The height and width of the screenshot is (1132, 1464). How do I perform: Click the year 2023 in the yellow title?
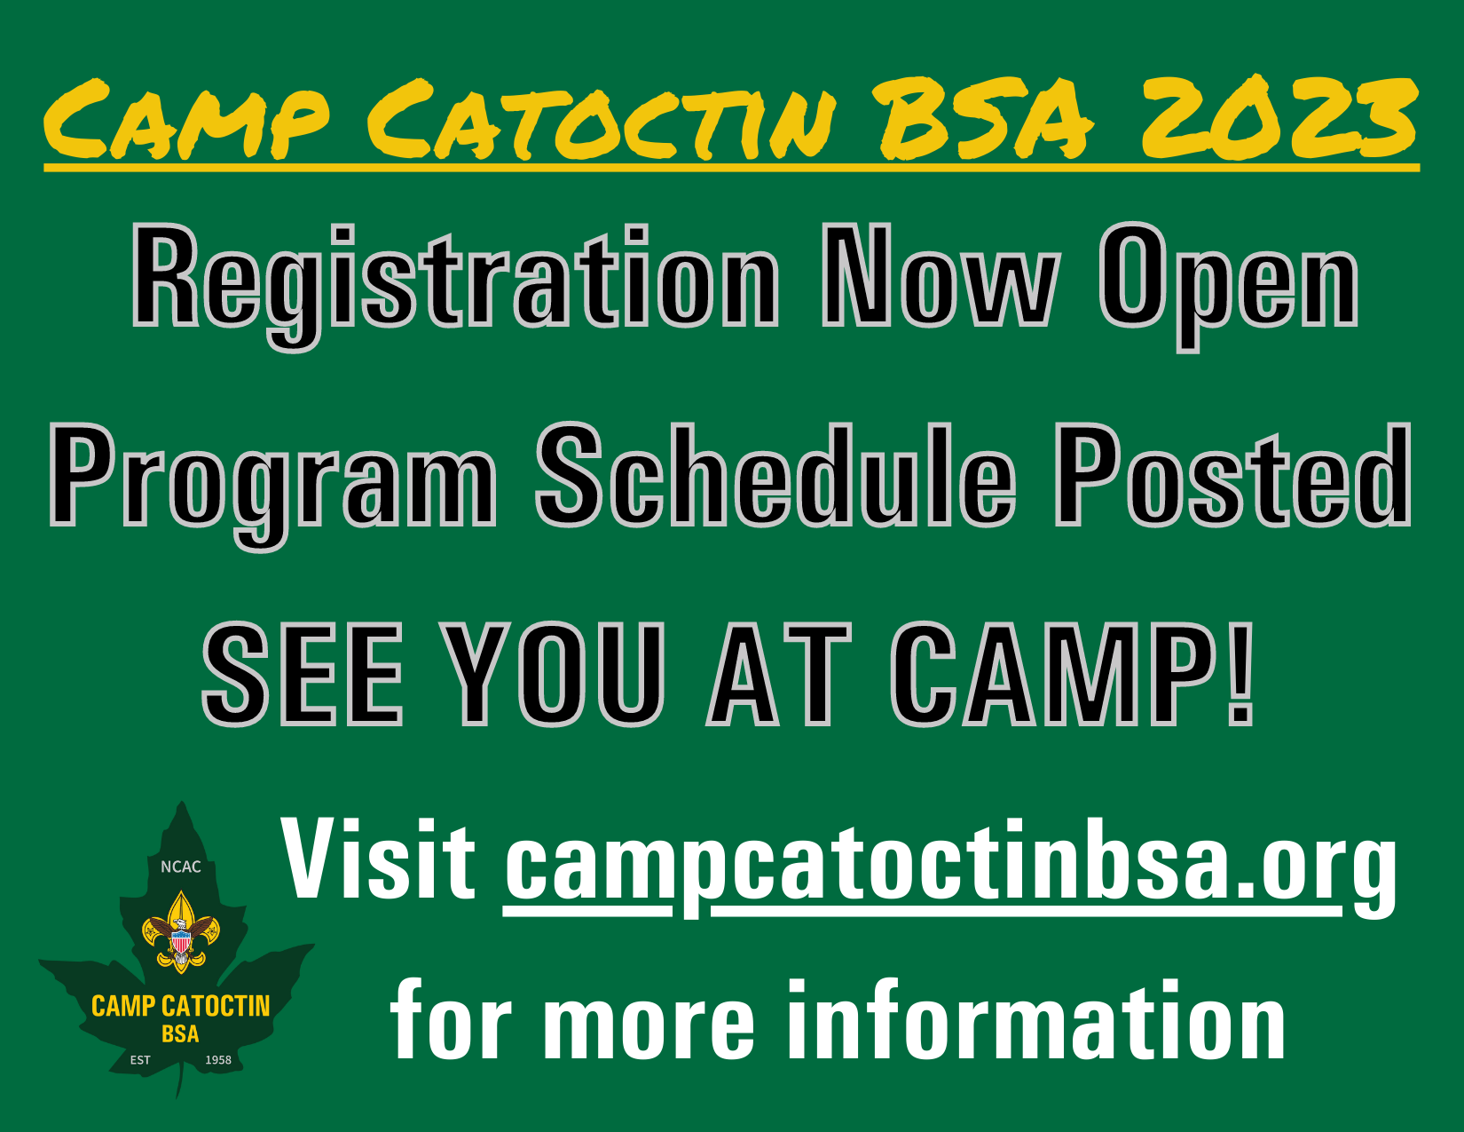coord(1279,117)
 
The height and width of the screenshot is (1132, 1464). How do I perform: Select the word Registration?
coord(455,280)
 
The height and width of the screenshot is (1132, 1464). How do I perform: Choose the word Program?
coord(272,479)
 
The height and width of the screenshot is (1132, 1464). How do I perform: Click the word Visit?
coord(379,859)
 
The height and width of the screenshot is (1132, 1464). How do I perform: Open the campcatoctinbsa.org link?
coord(949,866)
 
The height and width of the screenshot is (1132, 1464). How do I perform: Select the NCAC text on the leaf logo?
coord(181,867)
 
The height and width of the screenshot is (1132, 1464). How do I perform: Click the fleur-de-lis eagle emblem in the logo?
coord(181,932)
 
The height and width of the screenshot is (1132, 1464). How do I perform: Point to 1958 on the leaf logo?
coord(218,1060)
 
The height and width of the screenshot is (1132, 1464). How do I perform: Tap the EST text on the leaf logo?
coord(140,1060)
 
